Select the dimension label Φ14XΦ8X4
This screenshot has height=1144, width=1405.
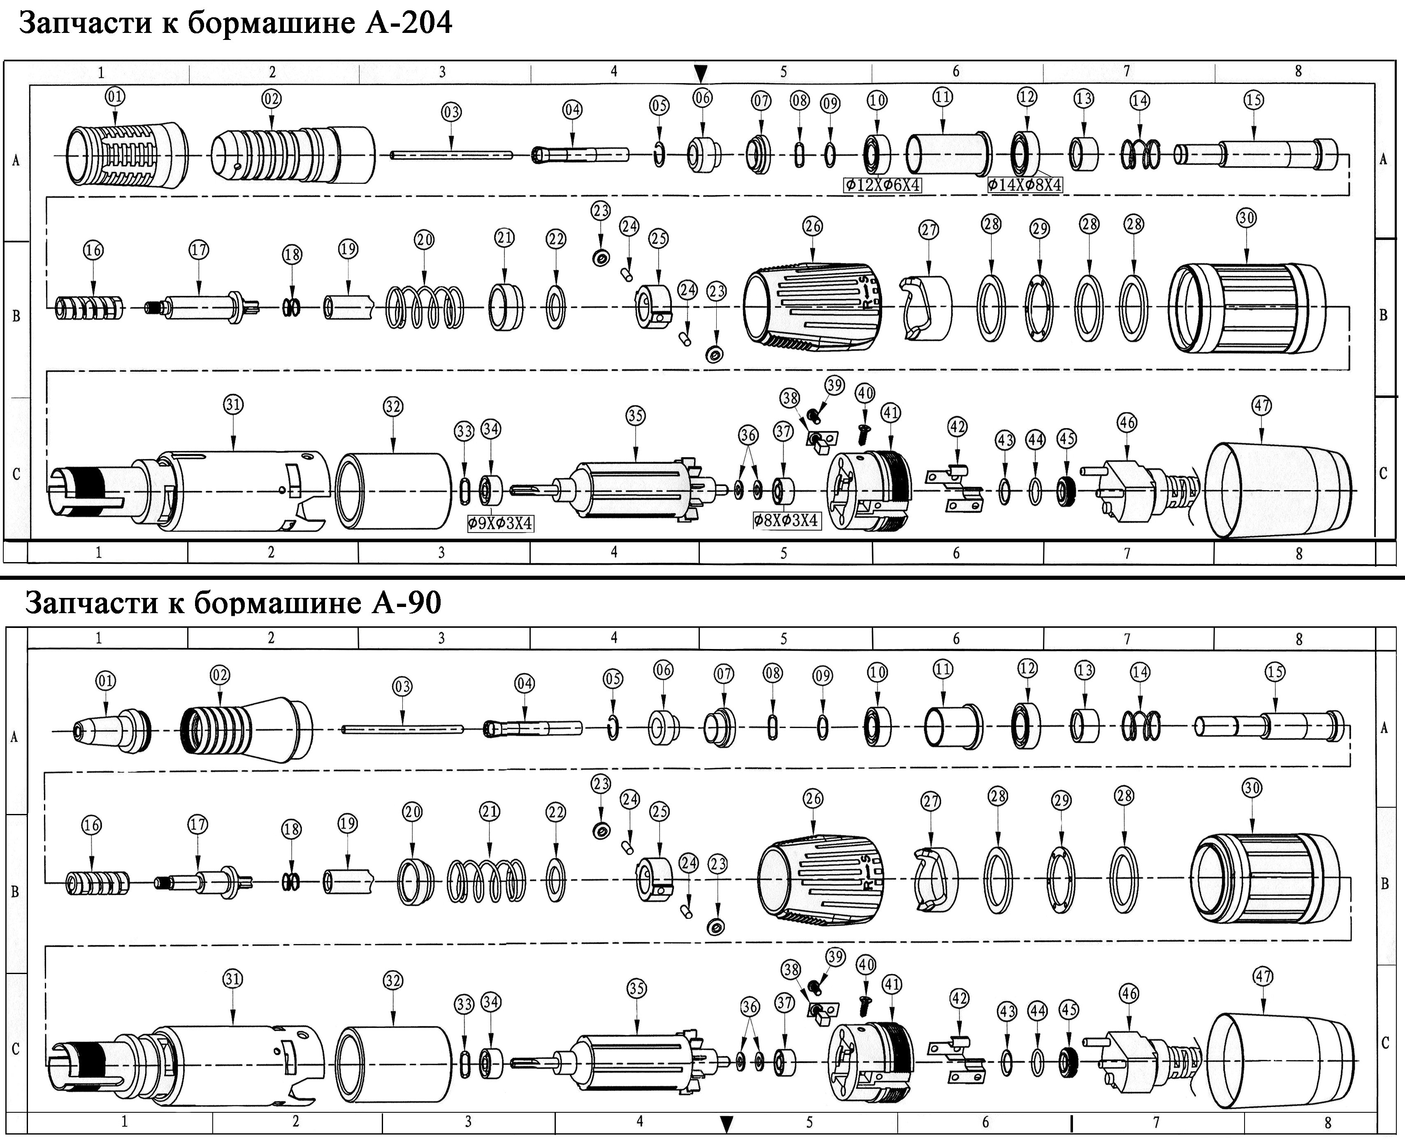(1025, 185)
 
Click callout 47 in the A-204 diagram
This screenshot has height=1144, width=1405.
(1261, 406)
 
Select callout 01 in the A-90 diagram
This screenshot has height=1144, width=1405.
(105, 681)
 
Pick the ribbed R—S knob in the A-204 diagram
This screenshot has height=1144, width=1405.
(813, 306)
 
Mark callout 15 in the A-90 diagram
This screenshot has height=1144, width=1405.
(1275, 672)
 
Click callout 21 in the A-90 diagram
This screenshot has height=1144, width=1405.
(490, 811)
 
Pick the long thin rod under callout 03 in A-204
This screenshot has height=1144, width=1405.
(452, 155)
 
